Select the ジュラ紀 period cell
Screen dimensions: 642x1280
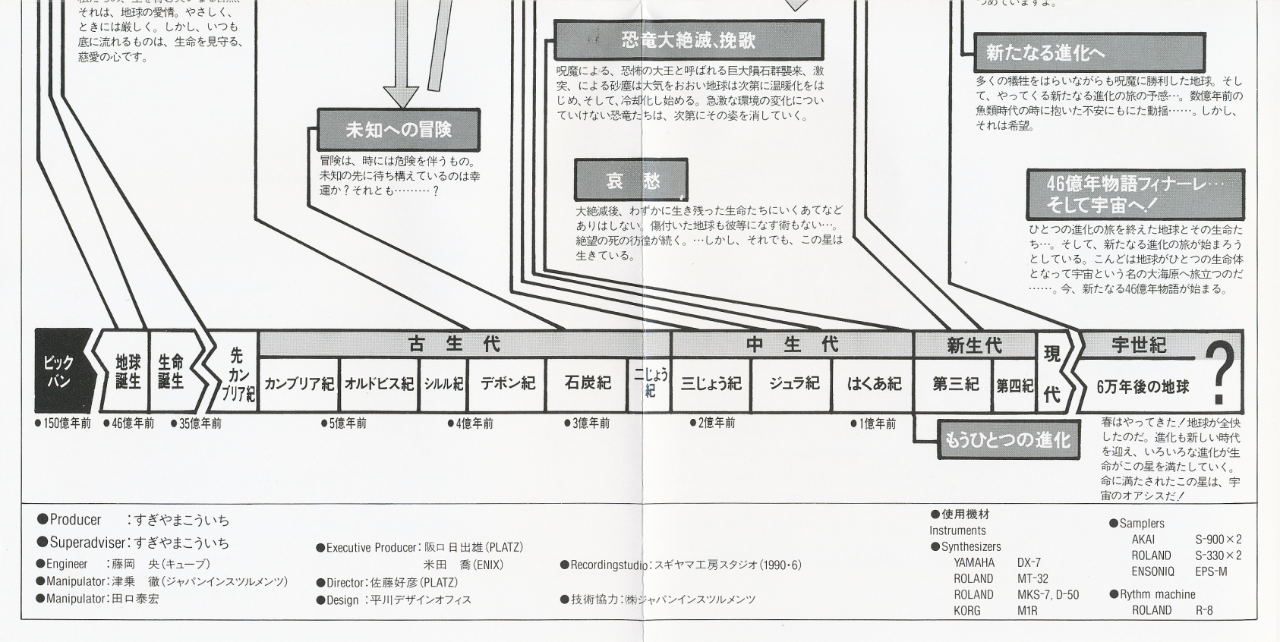(x=793, y=384)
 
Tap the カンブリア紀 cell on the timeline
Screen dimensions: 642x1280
(x=298, y=384)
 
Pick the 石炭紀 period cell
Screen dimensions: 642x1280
(x=587, y=383)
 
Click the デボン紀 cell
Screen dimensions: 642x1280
(x=507, y=383)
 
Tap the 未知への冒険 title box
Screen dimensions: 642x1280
(x=399, y=130)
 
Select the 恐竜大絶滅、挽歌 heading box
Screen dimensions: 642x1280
(x=689, y=40)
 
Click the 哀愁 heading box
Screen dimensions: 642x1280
(x=632, y=181)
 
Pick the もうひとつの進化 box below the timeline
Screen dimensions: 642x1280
(x=1007, y=440)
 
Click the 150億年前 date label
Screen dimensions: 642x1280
(x=64, y=423)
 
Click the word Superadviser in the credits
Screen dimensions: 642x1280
(x=89, y=543)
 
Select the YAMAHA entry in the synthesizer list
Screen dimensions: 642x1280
(x=974, y=563)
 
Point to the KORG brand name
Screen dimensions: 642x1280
(x=967, y=610)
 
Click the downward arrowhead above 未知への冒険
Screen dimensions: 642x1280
(x=401, y=97)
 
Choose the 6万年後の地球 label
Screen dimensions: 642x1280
(x=1143, y=387)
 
